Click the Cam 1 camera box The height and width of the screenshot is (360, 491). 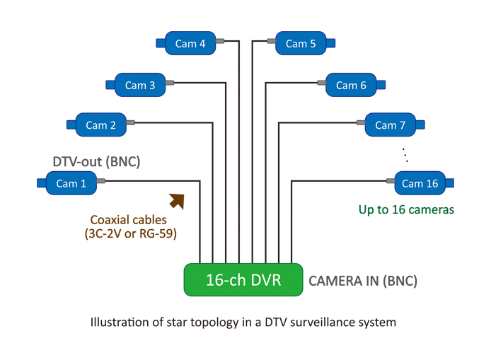[71, 183]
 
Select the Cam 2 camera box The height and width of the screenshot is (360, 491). [100, 125]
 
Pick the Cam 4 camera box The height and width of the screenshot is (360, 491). [190, 43]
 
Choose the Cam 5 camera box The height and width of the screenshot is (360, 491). [301, 43]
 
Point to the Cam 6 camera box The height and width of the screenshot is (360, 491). [351, 85]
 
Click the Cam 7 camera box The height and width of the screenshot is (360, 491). [391, 125]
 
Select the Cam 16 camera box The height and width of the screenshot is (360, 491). [420, 183]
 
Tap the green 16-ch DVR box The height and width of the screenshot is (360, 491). [243, 279]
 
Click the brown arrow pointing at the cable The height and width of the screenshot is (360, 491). [177, 201]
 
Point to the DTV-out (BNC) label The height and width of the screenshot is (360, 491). [96, 162]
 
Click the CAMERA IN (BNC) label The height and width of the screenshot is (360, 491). [363, 281]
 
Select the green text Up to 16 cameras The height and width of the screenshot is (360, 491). [406, 209]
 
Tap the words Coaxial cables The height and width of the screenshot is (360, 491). [128, 220]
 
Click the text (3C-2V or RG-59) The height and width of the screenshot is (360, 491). [130, 233]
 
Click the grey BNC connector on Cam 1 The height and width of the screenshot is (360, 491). [100, 181]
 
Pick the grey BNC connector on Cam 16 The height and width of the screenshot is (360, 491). [390, 181]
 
